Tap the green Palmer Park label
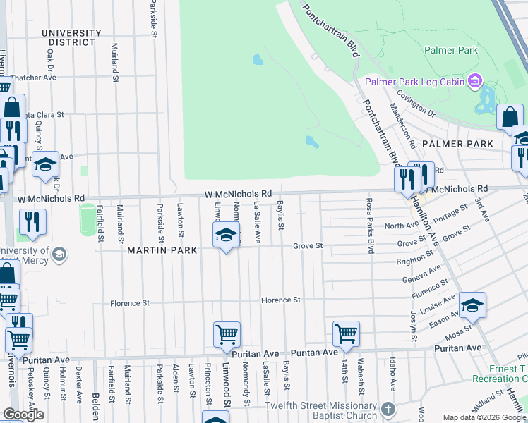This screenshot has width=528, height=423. tap(451, 50)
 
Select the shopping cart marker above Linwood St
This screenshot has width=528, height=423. tap(227, 334)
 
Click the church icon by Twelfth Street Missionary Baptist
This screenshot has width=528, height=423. tap(387, 410)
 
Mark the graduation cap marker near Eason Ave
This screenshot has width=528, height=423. tap(472, 305)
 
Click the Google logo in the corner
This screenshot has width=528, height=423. tap(23, 415)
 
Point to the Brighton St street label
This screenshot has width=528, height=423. tap(414, 260)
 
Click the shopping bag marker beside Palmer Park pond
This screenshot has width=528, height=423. tap(510, 117)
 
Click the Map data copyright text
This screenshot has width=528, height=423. tap(484, 417)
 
